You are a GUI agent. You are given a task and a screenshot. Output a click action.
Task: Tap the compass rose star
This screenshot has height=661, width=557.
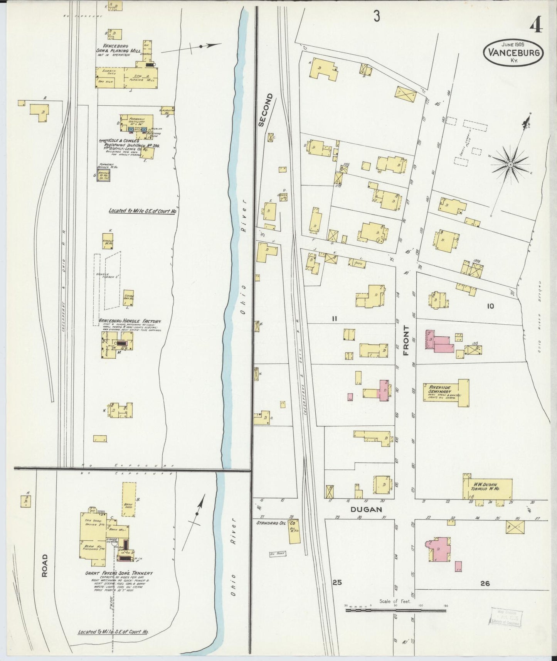[x=510, y=165]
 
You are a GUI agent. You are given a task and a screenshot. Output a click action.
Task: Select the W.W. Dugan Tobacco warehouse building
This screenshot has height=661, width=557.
[x=488, y=489]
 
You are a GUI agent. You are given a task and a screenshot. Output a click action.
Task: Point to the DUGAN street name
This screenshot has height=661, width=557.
[x=366, y=509]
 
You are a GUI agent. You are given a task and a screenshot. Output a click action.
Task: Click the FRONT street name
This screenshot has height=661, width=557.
[x=406, y=341]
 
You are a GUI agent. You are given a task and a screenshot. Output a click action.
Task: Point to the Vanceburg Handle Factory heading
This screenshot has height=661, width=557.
[x=130, y=321]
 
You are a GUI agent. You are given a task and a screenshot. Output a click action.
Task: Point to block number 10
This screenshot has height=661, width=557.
[x=490, y=306]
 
